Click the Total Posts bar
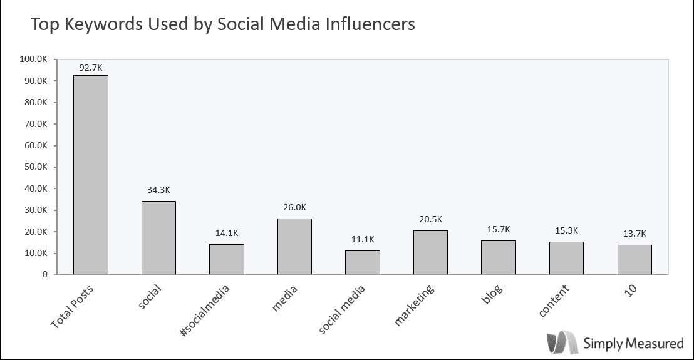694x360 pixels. [x=91, y=175]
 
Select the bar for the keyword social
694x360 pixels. [x=158, y=238]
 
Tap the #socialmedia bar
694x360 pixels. [x=227, y=259]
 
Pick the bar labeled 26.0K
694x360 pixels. [x=294, y=247]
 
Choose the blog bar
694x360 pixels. [x=499, y=257]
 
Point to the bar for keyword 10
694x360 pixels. [x=634, y=260]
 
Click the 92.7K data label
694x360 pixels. [x=91, y=66]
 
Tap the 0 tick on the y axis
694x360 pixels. [x=45, y=275]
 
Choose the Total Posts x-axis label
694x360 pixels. [x=73, y=306]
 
